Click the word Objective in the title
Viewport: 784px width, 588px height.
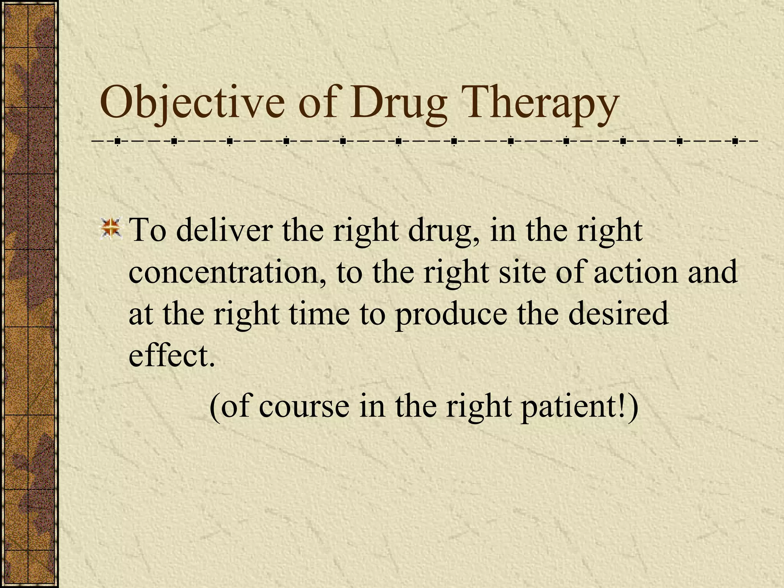tap(192, 103)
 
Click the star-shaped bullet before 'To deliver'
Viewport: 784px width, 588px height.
tap(111, 228)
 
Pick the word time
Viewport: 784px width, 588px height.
tap(319, 314)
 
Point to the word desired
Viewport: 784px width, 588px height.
tap(618, 314)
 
